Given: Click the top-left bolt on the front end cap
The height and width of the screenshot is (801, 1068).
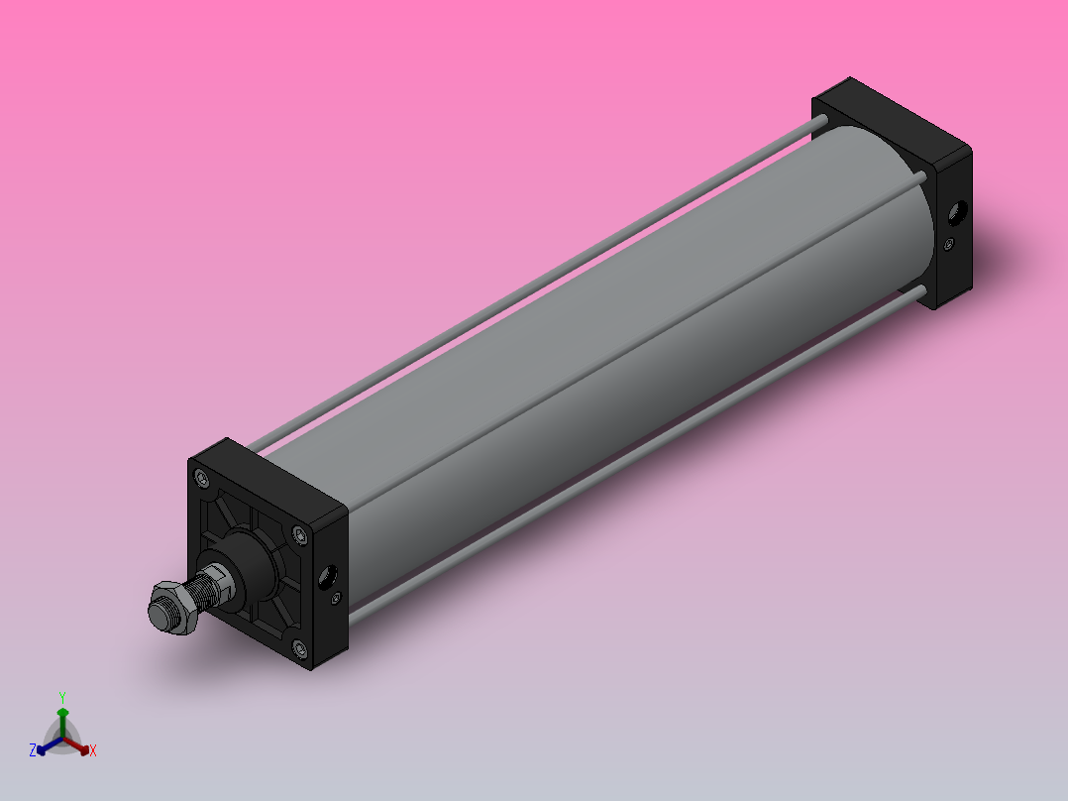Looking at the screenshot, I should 203,480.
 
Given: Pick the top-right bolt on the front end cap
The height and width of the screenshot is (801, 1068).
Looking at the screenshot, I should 299,536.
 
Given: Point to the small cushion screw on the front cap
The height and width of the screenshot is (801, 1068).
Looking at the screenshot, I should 335,598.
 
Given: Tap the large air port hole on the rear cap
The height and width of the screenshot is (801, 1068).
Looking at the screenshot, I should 958,211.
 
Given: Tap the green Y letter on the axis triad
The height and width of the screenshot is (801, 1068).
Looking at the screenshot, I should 61,697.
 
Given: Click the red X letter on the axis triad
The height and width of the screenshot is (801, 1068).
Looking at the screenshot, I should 93,750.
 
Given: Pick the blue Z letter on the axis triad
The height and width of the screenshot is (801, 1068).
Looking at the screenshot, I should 33,750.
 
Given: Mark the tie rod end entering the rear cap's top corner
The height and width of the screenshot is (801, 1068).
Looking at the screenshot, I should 820,122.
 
